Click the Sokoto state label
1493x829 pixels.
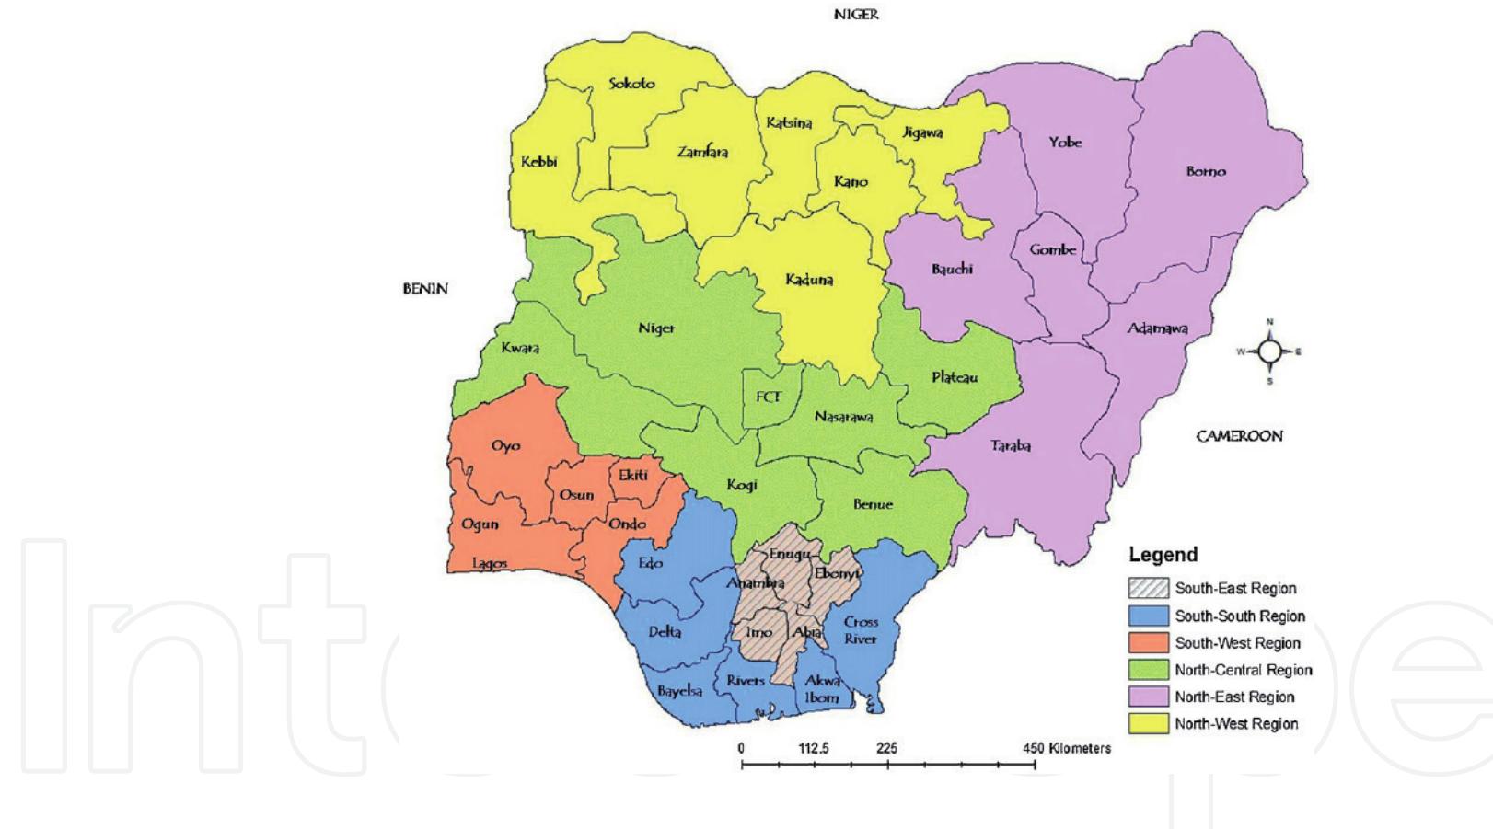(632, 84)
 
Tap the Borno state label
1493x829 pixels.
(1206, 172)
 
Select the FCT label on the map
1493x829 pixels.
(769, 397)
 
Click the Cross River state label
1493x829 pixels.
(861, 630)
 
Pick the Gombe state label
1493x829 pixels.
(1053, 249)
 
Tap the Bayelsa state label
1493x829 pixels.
(679, 691)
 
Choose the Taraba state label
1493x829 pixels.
(1011, 446)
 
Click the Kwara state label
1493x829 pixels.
(520, 348)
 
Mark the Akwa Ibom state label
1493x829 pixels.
(822, 689)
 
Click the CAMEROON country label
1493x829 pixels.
(1239, 436)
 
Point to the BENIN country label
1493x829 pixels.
(425, 289)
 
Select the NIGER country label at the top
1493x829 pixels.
(856, 15)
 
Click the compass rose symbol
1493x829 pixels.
(1269, 351)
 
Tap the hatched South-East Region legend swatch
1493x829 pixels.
(1148, 589)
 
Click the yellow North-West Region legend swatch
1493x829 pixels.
(1148, 724)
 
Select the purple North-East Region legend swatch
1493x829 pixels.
(1148, 697)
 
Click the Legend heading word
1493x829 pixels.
(1163, 555)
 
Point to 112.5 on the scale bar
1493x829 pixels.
(814, 748)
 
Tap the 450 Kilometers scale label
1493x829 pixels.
(1066, 748)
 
